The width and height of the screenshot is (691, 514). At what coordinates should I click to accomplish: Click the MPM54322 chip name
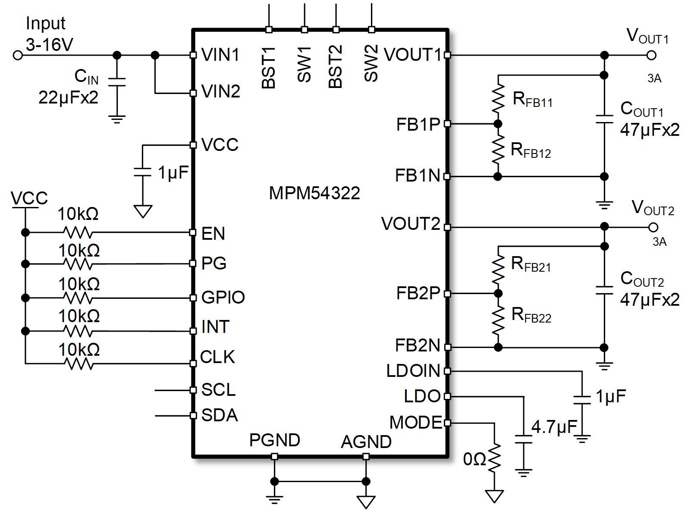(x=314, y=193)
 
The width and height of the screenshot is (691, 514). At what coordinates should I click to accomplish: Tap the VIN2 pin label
(x=220, y=91)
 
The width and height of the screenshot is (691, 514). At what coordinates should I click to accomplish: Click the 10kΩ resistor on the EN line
(x=78, y=232)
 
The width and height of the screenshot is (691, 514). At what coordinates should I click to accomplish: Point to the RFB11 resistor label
(x=532, y=100)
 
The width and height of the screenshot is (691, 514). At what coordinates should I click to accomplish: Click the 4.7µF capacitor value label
(x=554, y=427)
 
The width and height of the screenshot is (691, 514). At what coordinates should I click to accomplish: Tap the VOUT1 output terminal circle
(x=652, y=55)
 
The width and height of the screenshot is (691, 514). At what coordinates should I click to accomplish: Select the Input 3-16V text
(x=47, y=34)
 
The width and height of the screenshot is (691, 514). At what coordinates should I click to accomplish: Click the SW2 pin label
(x=371, y=63)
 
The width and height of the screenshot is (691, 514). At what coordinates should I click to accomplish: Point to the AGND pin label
(x=366, y=442)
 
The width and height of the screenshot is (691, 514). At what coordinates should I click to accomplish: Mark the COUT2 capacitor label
(x=642, y=279)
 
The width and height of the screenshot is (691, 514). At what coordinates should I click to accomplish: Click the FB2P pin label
(x=418, y=293)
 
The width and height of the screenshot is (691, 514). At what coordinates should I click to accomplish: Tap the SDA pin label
(x=220, y=415)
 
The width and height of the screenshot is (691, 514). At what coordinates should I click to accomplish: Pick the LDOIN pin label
(x=413, y=371)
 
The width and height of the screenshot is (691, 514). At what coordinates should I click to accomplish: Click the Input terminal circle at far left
(x=18, y=55)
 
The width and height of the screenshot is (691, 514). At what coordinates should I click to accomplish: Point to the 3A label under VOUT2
(x=659, y=242)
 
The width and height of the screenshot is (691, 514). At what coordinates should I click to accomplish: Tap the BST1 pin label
(x=269, y=67)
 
